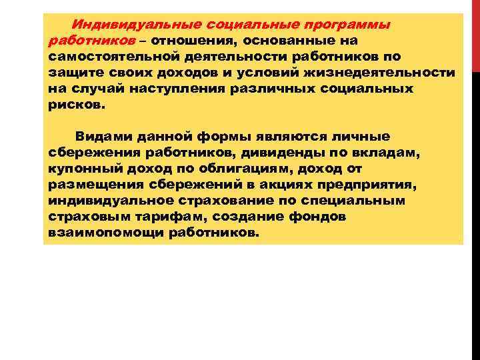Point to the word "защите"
(x=71, y=73)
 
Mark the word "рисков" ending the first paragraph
(x=75, y=105)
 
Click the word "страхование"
(x=218, y=201)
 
